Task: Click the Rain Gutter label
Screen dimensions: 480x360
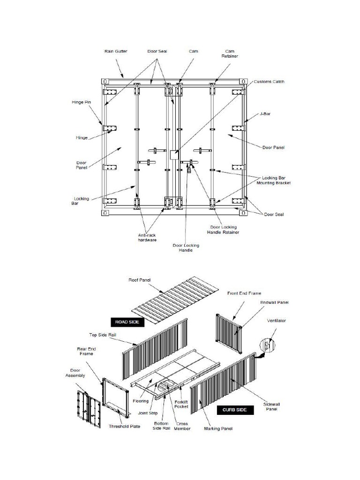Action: (x=115, y=51)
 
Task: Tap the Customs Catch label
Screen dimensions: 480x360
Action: (x=269, y=82)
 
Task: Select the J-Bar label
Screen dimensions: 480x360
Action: (x=266, y=114)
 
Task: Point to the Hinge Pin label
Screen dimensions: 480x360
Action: (x=81, y=102)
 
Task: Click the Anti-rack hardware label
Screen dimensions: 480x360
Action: (x=147, y=238)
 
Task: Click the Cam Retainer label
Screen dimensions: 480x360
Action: (x=230, y=53)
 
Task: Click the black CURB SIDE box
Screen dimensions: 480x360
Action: (x=235, y=410)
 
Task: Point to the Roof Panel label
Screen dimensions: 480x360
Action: (x=139, y=280)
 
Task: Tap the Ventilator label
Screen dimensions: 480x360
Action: (x=277, y=321)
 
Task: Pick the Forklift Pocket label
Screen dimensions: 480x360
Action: (x=181, y=404)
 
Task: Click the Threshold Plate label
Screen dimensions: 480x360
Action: (x=122, y=427)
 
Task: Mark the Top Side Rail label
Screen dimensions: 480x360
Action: (x=103, y=335)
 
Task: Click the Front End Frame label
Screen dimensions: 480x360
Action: (x=244, y=293)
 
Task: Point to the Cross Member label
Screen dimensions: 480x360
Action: (x=182, y=426)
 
